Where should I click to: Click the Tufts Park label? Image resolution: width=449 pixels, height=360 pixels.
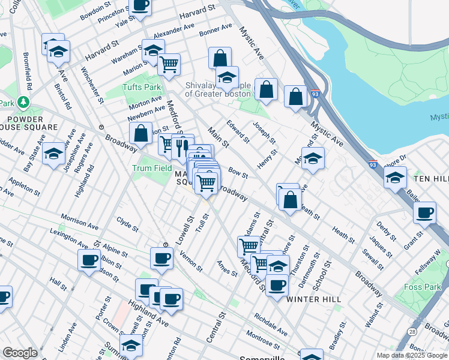point(144,87)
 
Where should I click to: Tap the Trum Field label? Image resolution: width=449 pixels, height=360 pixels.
point(152,168)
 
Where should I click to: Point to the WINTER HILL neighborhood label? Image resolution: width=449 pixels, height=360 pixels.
point(313,299)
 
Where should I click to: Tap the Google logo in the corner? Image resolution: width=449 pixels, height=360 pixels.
point(20,353)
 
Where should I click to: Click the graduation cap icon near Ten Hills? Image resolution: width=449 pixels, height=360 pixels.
point(395,178)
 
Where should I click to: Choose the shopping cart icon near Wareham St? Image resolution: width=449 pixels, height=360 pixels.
point(169,64)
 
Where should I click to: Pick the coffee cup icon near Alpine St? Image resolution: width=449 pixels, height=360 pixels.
point(89,260)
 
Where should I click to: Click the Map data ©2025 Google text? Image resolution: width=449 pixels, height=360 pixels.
point(411,355)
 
